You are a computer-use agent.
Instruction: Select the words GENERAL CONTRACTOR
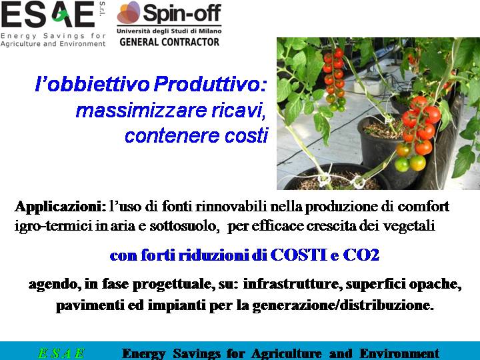(169, 42)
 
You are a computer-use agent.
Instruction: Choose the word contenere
(173, 135)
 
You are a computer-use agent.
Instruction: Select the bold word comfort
(423, 206)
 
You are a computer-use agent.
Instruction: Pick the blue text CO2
(361, 255)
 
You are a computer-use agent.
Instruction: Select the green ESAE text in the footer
(61, 353)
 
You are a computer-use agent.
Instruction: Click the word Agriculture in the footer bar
(287, 353)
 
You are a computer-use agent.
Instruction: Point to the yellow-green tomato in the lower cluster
(417, 163)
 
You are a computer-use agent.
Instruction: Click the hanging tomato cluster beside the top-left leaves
(335, 79)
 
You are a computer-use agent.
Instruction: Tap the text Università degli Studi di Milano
(169, 31)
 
